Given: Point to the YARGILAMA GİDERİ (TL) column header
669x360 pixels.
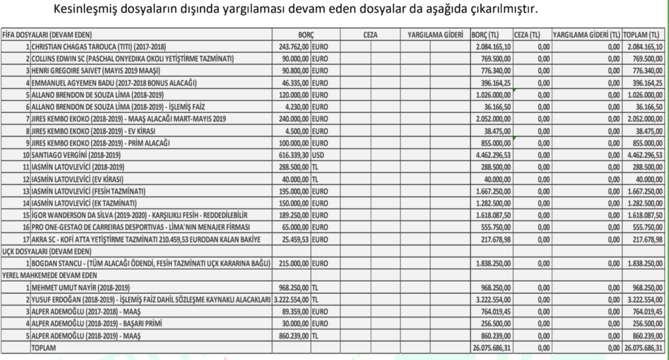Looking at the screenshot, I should [586, 35].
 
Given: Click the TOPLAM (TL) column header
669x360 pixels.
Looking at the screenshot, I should [644, 35].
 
